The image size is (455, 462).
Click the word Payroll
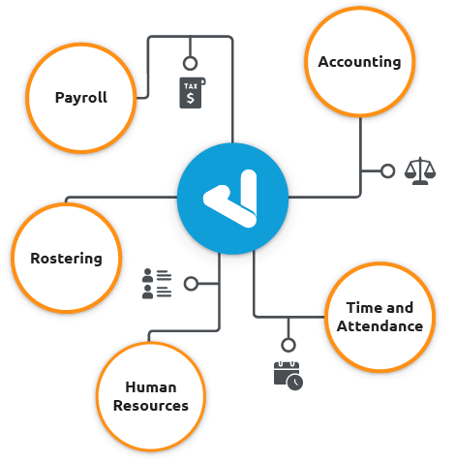coord(80,98)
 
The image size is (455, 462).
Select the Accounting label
coord(359,62)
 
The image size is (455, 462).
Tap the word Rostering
coord(66,259)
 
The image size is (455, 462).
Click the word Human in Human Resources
coord(150,386)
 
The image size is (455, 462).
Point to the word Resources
coord(150,406)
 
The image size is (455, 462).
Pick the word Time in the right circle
coord(364,308)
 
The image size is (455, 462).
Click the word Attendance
coord(379,326)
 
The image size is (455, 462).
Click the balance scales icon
coord(418,171)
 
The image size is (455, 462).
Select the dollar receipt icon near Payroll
coord(192,92)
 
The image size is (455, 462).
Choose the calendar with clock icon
coord(288,374)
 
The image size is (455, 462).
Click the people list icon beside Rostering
coord(156,284)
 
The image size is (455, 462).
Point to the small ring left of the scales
coord(387,171)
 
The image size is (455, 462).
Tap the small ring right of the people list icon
coord(191,284)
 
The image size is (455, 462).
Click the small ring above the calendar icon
coord(288,344)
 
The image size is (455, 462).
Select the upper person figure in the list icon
coord(148,275)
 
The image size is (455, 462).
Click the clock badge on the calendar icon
coord(295,383)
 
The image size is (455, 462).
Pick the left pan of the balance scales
coord(409,175)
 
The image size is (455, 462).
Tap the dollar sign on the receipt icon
coord(192,97)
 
